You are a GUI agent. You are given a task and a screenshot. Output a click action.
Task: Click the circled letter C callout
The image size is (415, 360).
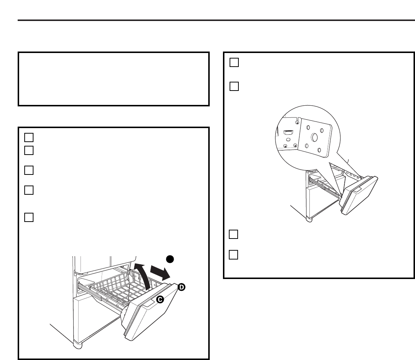coord(160,300)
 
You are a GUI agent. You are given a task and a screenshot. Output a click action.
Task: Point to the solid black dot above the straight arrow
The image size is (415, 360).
coord(169,258)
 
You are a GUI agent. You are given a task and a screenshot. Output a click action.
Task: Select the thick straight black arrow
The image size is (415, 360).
coord(160,273)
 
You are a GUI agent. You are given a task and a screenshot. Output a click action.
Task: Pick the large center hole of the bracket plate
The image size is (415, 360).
coord(314,137)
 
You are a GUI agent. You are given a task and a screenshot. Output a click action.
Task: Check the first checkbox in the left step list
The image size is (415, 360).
coord(29,137)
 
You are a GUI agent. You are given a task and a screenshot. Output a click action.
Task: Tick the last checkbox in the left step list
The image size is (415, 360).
coord(29,217)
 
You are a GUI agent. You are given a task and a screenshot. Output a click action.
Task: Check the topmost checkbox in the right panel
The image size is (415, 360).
coord(234,63)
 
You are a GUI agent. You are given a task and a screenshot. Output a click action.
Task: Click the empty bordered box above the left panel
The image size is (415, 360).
coord(113,79)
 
